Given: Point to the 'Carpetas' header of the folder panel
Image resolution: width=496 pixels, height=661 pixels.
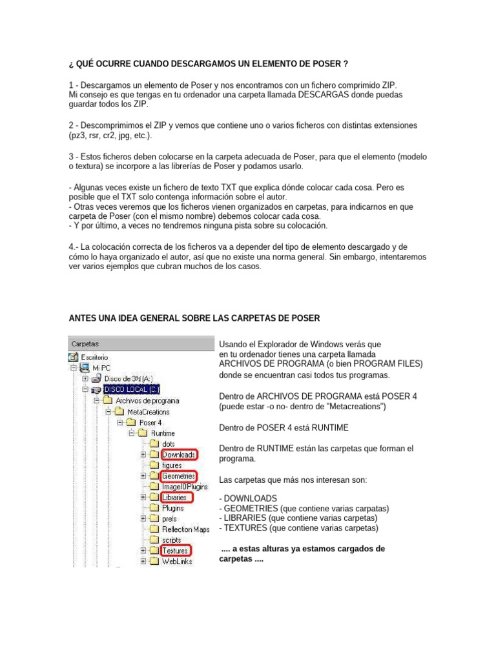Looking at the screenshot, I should [x=85, y=344].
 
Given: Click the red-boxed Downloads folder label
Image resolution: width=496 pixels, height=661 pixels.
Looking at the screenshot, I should [x=178, y=454].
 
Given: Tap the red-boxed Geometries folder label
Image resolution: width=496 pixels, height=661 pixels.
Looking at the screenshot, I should [x=178, y=476].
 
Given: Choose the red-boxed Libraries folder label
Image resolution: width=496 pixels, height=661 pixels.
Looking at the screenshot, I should [x=174, y=498].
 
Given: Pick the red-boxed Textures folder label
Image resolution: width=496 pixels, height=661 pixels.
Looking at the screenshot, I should [x=175, y=551].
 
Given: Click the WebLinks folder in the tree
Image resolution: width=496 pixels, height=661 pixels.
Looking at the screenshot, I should [x=177, y=562].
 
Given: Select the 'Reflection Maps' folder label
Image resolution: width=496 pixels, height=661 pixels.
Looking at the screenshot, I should [x=186, y=529].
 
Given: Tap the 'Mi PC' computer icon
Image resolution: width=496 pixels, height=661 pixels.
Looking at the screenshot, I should [x=84, y=367].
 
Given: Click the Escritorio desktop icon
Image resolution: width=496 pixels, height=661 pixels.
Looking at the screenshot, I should [x=74, y=356].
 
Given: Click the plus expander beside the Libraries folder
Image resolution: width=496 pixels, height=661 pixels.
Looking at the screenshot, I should [x=143, y=498].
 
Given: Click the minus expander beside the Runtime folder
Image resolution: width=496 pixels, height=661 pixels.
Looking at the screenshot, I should [x=132, y=433].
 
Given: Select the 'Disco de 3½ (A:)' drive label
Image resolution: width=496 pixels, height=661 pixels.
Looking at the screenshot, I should [x=129, y=378].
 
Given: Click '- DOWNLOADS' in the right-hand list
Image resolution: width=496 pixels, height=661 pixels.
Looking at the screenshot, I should [x=248, y=498].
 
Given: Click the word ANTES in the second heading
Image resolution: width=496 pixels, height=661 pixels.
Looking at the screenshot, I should [x=84, y=318].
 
